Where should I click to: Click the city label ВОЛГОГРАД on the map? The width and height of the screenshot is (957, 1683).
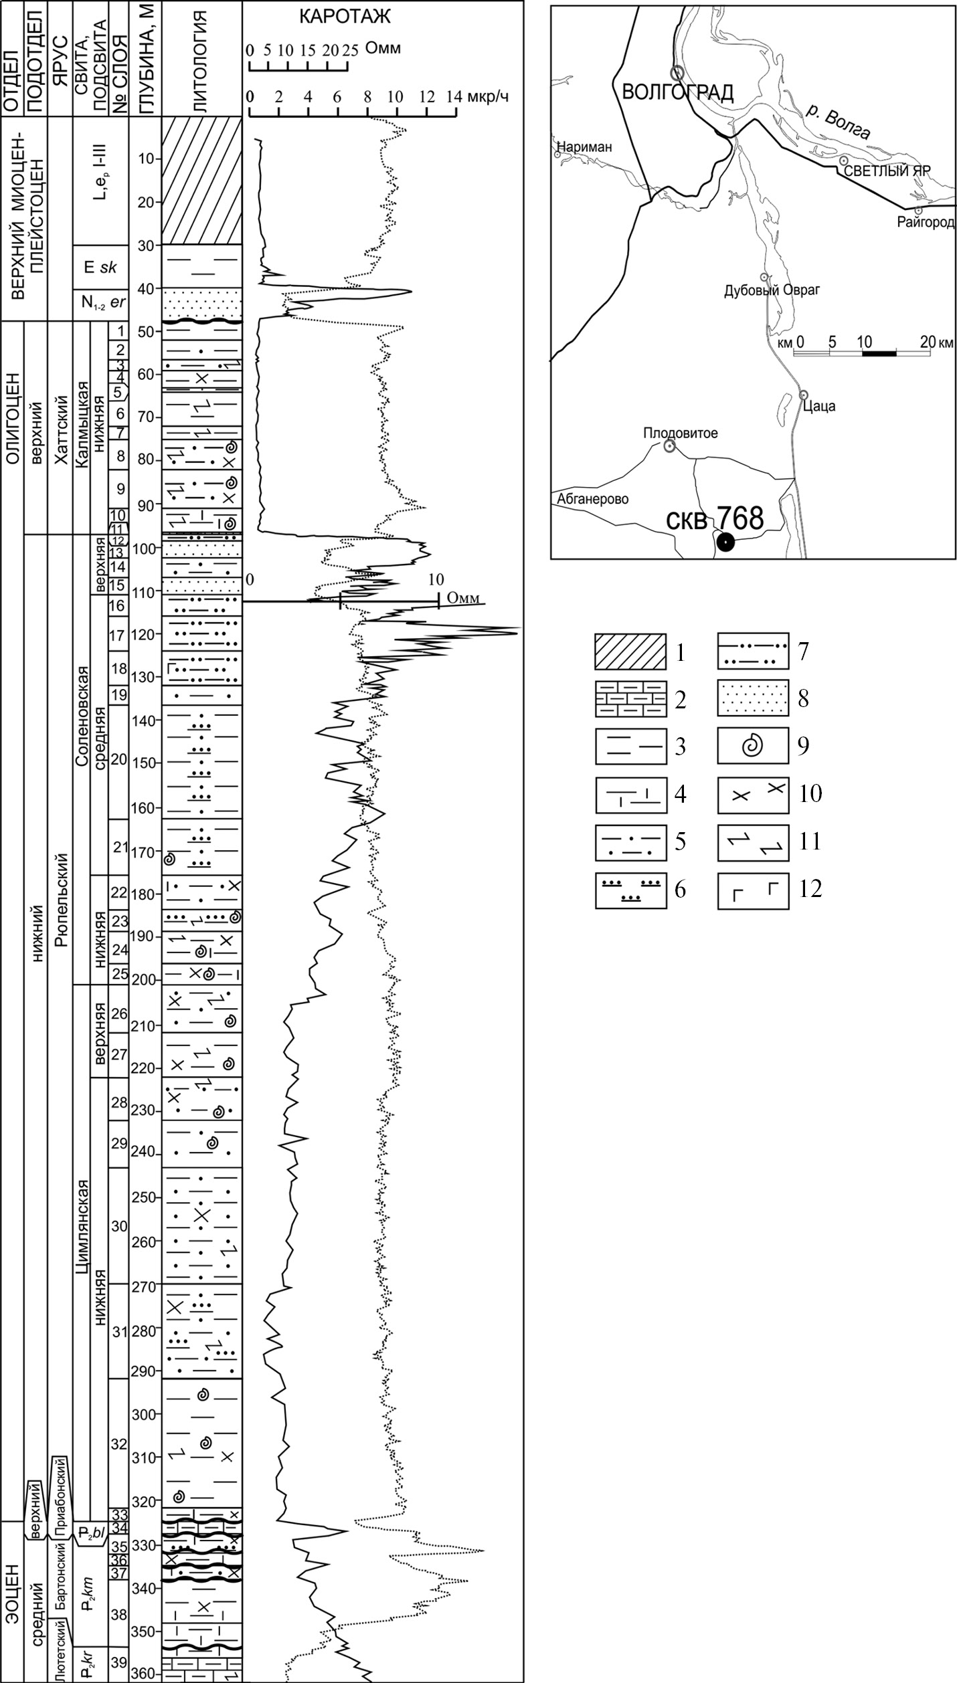[677, 92]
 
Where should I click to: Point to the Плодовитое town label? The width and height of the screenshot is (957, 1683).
[681, 433]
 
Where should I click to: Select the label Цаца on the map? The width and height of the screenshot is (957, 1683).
[822, 406]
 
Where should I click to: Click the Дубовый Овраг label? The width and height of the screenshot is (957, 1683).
[772, 290]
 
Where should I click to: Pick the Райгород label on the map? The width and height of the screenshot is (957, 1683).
[926, 222]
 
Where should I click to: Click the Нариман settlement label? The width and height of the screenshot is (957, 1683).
[584, 147]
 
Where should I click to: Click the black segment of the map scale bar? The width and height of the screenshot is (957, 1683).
[879, 352]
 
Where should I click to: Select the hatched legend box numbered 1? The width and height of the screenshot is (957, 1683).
[630, 651]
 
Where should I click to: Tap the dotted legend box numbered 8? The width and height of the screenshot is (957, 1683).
[753, 698]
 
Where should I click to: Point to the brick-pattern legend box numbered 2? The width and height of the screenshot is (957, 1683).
[630, 698]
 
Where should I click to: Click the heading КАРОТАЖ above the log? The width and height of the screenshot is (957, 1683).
[344, 17]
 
